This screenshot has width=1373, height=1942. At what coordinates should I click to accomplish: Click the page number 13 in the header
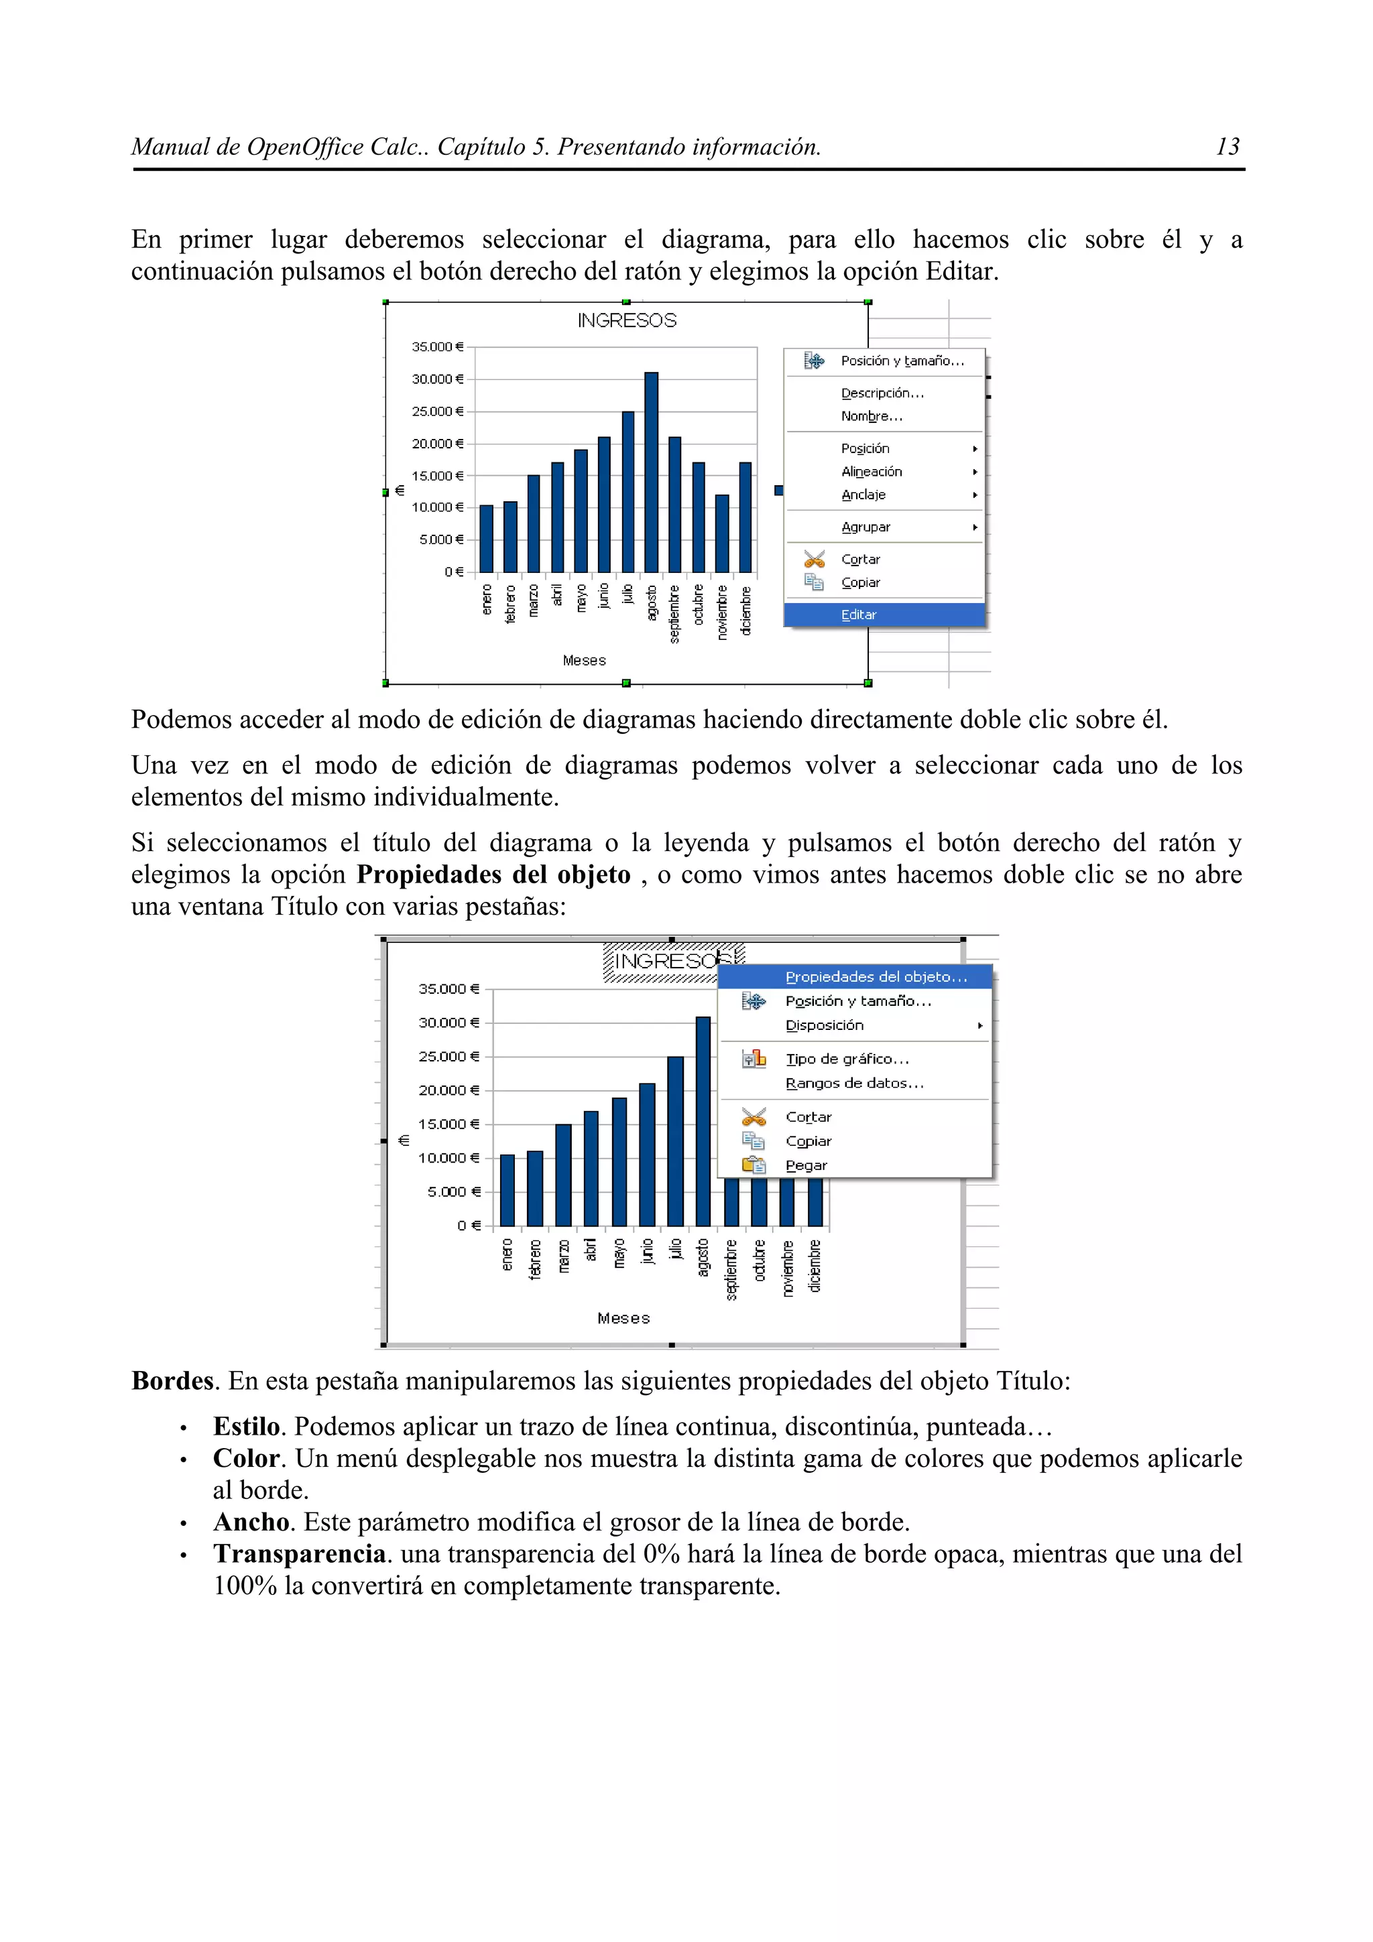click(x=1227, y=147)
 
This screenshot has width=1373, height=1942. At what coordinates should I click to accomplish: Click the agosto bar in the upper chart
click(x=650, y=472)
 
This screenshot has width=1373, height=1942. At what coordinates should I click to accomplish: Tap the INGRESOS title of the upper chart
click(x=627, y=320)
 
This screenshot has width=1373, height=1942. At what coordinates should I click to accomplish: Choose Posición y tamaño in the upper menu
click(x=902, y=361)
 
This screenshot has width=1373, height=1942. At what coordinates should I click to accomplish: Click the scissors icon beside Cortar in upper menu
click(x=814, y=559)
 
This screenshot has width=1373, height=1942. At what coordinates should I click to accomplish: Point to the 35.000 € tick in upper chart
click(x=437, y=347)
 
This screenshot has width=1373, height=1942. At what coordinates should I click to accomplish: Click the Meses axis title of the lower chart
click(x=623, y=1317)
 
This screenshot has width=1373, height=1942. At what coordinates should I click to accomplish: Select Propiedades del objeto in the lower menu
click(x=876, y=977)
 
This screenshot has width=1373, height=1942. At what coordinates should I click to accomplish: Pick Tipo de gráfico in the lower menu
click(x=847, y=1059)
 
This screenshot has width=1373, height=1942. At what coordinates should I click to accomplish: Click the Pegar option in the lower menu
click(x=807, y=1165)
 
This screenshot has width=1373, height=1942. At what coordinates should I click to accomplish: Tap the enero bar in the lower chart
click(x=507, y=1190)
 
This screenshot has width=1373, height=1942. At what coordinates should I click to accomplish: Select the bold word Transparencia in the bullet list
click(x=300, y=1554)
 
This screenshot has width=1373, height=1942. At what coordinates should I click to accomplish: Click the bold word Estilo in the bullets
click(x=246, y=1427)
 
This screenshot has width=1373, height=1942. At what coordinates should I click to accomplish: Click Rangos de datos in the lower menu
click(x=854, y=1084)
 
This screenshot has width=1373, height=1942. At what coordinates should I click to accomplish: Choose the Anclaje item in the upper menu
click(x=863, y=495)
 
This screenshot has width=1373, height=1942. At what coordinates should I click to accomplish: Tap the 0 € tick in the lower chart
click(x=469, y=1226)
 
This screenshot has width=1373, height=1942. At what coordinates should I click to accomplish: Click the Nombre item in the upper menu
click(x=872, y=416)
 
